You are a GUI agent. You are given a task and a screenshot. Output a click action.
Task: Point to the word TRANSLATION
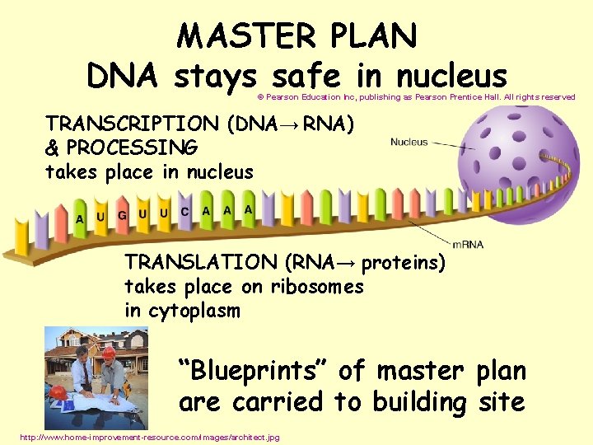pyautogui.click(x=201, y=263)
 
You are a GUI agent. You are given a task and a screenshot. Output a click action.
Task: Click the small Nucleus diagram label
pyautogui.click(x=409, y=142)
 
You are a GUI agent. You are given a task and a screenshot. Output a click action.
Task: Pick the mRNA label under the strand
pyautogui.click(x=468, y=245)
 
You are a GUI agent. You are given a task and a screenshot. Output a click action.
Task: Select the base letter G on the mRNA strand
pyautogui.click(x=122, y=215)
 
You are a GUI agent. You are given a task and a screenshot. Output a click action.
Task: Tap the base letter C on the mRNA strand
pyautogui.click(x=184, y=212)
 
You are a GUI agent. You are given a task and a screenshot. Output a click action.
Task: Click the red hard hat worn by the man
pyautogui.click(x=108, y=353)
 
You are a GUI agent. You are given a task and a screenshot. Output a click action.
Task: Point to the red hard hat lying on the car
pyautogui.click(x=58, y=392)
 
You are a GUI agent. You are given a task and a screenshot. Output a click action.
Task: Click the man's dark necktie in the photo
pyautogui.click(x=86, y=377)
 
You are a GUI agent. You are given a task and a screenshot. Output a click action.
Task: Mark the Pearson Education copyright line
pyautogui.click(x=416, y=97)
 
